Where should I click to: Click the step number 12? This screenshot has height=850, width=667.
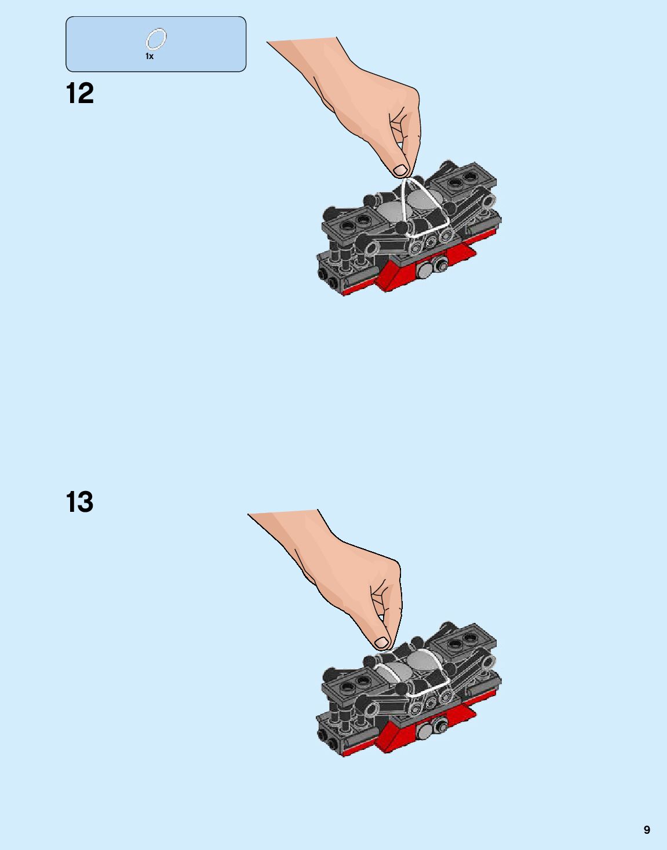[80, 94]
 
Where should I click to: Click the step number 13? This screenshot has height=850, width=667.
[80, 502]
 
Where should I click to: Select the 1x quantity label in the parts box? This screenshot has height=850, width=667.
[150, 57]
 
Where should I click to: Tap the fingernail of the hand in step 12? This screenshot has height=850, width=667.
[400, 170]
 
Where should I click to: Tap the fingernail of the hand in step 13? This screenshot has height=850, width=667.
[382, 642]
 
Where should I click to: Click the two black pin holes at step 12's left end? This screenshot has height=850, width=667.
[327, 278]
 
